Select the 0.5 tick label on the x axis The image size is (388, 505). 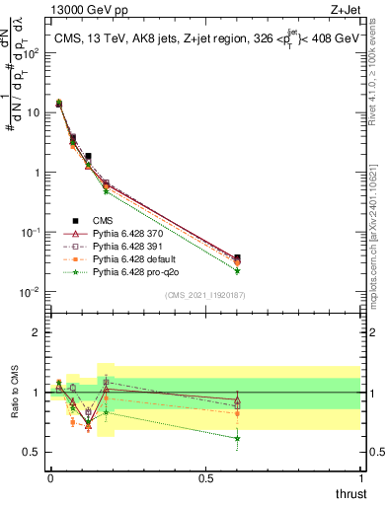(x=205, y=477)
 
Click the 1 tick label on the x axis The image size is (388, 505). (x=361, y=477)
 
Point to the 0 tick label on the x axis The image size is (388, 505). (x=50, y=477)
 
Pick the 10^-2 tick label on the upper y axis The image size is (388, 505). (x=30, y=292)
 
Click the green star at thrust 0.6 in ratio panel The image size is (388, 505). (x=237, y=439)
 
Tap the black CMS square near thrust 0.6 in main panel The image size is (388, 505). (x=237, y=257)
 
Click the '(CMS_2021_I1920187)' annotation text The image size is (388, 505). (x=204, y=295)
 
